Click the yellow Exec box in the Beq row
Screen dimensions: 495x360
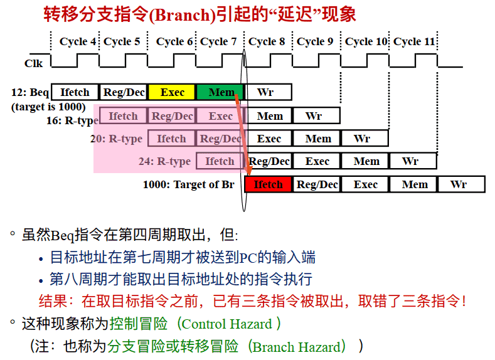point(172,92)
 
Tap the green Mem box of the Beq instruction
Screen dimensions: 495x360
point(220,92)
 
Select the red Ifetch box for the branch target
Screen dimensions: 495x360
point(268,184)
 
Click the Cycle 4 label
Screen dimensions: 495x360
point(78,41)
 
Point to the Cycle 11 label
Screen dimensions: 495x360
point(414,41)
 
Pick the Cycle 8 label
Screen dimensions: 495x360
point(267,41)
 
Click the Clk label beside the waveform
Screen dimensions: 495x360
point(33,63)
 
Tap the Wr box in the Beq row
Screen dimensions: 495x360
point(269,92)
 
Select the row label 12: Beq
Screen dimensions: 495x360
point(30,92)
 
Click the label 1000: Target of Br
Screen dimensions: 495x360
point(189,184)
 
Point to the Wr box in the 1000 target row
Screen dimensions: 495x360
point(461,184)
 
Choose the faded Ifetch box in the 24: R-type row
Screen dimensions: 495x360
point(220,161)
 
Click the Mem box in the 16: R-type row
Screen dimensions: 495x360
point(270,115)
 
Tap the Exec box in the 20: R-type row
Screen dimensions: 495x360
point(269,138)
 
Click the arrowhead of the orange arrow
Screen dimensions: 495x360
point(249,171)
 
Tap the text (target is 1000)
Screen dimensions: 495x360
point(48,107)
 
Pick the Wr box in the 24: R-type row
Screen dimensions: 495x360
point(413,161)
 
